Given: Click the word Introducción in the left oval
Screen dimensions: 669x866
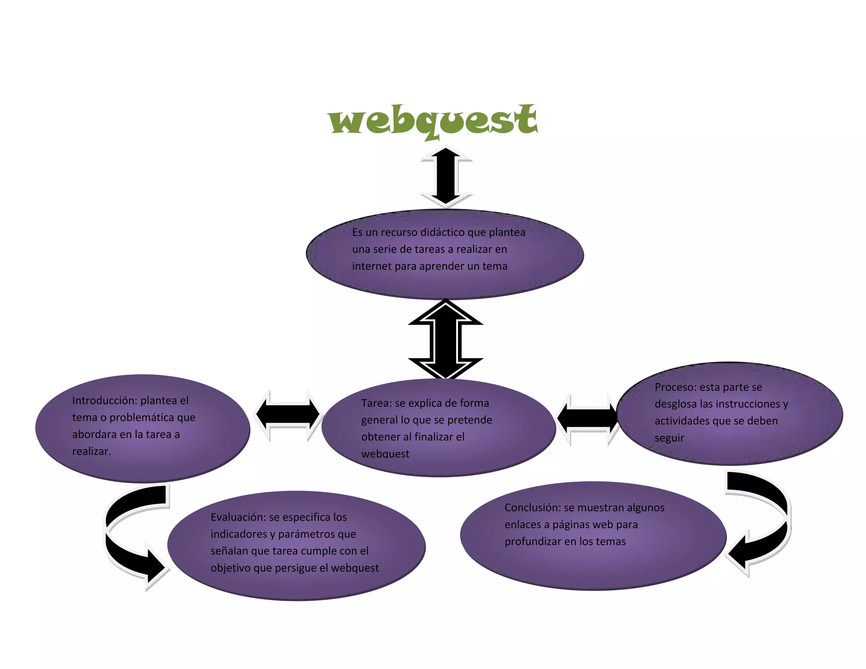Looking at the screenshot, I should pyautogui.click(x=104, y=400).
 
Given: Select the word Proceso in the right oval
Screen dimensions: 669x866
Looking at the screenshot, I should pyautogui.click(x=674, y=387).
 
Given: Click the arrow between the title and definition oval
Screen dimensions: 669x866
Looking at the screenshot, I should pyautogui.click(x=446, y=177).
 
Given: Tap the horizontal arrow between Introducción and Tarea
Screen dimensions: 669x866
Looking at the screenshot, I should pyautogui.click(x=288, y=415).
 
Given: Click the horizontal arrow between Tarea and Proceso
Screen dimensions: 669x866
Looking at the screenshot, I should pyautogui.click(x=588, y=418).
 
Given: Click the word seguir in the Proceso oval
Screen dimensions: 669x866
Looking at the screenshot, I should pyautogui.click(x=669, y=438).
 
